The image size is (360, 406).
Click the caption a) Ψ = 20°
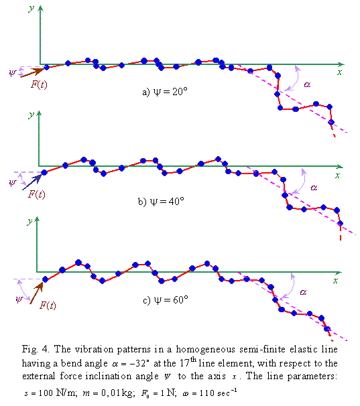point(164,92)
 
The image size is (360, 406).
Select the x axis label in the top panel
point(341,71)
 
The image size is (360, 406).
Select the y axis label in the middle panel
point(31,115)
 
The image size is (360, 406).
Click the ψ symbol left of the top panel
point(11,72)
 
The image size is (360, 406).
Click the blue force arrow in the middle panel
point(32,180)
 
